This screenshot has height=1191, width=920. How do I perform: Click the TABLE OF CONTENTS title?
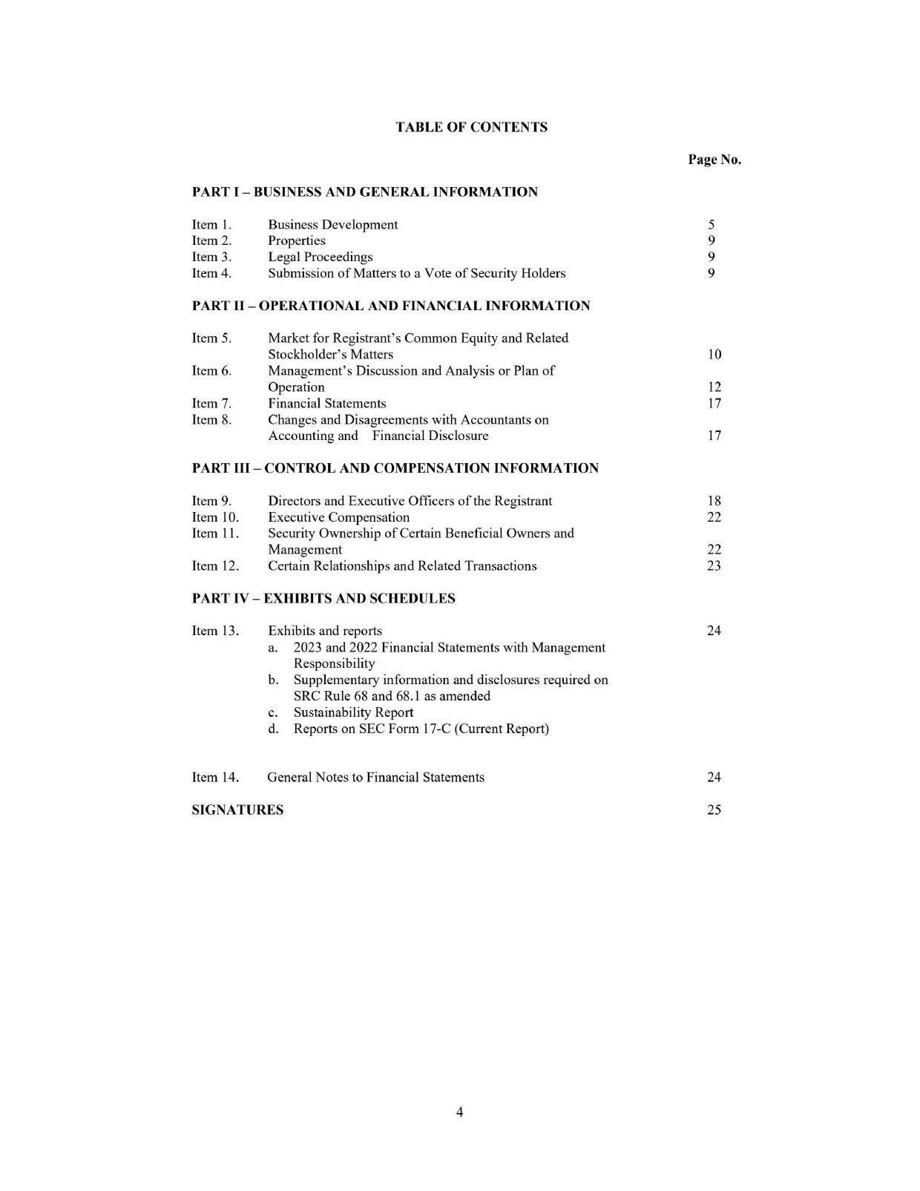point(471,127)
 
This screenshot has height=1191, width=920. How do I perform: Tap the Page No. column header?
point(714,160)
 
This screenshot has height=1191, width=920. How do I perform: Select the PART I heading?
point(364,192)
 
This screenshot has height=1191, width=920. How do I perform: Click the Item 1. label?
point(211,225)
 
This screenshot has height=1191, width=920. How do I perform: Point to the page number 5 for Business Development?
point(711,225)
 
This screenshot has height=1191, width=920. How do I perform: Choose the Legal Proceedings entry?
point(320,257)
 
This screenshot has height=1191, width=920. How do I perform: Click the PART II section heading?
point(390,306)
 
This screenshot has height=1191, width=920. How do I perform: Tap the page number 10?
point(714,355)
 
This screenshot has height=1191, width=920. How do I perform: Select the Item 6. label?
point(211,370)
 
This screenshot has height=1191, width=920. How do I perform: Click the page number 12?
point(714,387)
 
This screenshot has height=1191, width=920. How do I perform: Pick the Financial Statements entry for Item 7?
point(326,403)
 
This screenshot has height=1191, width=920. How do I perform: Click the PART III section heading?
point(395,468)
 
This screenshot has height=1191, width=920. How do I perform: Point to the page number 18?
point(714,501)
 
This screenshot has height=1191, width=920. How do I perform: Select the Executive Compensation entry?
point(338,517)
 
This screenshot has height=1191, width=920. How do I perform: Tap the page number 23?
point(714,565)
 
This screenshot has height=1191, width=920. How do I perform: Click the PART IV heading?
point(323,598)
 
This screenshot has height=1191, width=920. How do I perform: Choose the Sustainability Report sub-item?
point(353,712)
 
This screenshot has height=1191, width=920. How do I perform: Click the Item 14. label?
point(215,777)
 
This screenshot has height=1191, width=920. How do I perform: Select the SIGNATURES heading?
point(237,810)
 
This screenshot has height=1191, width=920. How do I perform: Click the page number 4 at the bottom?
point(459,1112)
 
